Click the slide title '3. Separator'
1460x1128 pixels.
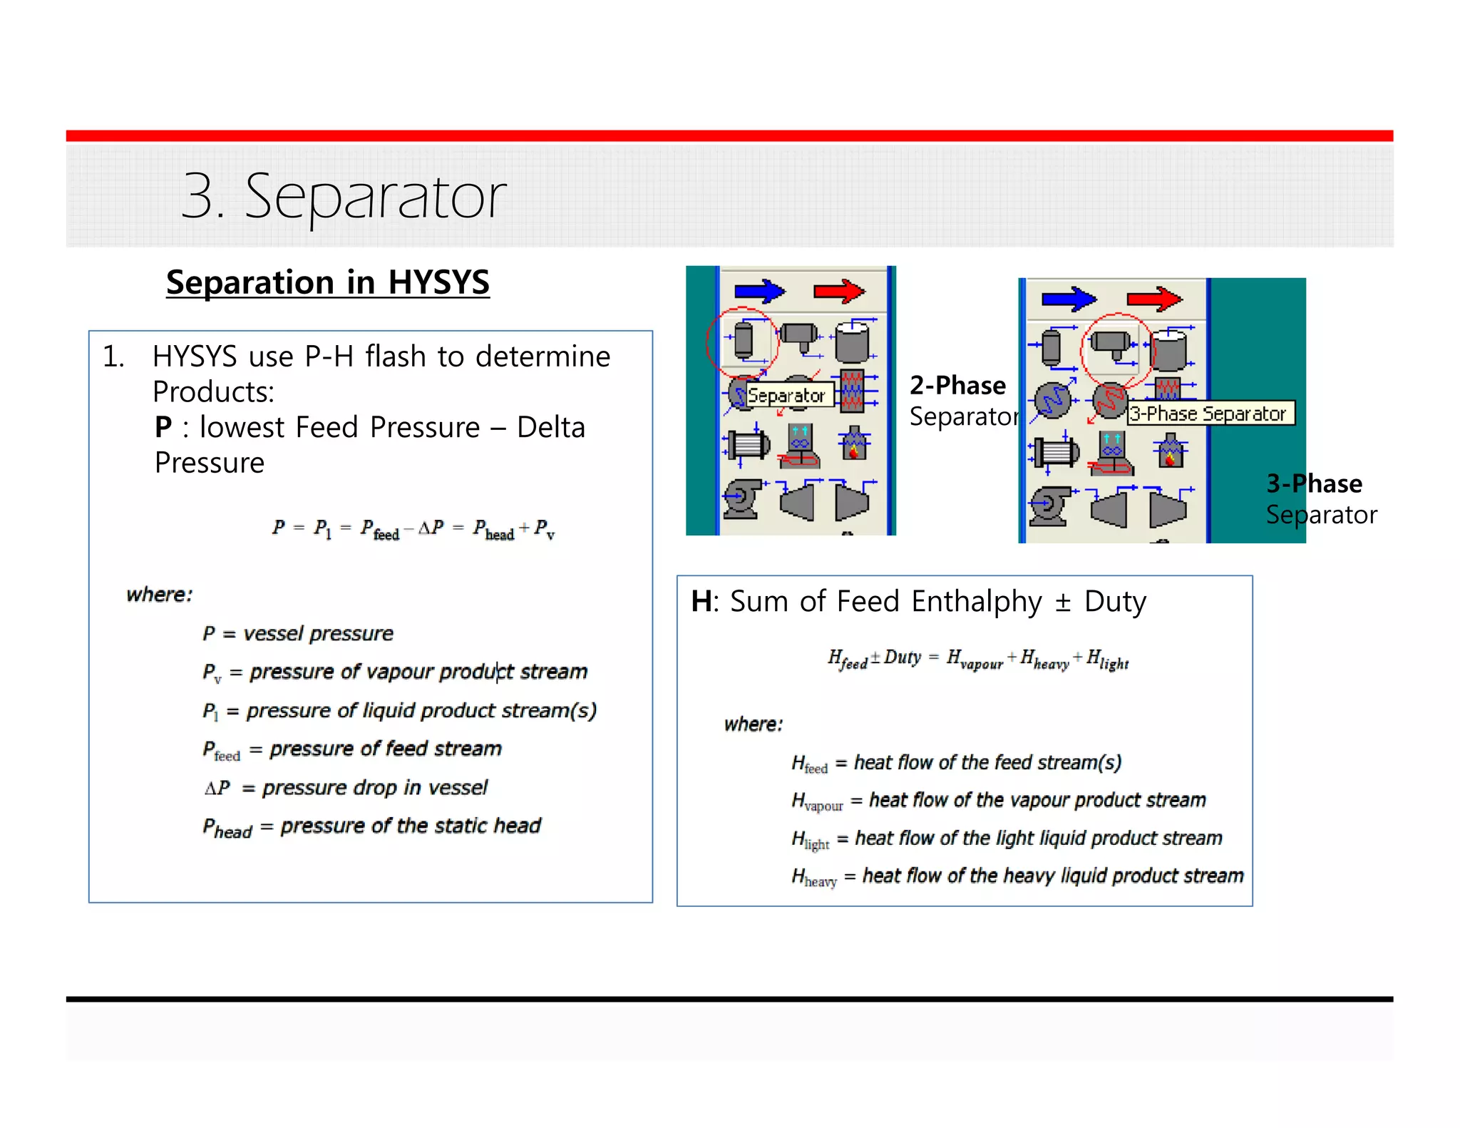pyautogui.click(x=343, y=196)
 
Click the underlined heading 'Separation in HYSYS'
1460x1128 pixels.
pyautogui.click(x=327, y=282)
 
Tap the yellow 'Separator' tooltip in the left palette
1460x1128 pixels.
pyautogui.click(x=786, y=395)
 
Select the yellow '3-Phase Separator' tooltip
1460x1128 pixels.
pyautogui.click(x=1209, y=414)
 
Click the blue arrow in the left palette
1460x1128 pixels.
pyautogui.click(x=759, y=291)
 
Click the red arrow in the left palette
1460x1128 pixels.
pyautogui.click(x=839, y=291)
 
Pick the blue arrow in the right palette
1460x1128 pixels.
pyautogui.click(x=1069, y=299)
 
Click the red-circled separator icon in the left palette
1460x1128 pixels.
pyautogui.click(x=743, y=341)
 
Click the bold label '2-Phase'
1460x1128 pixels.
pyautogui.click(x=957, y=386)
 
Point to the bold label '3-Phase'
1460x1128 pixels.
pyautogui.click(x=1314, y=484)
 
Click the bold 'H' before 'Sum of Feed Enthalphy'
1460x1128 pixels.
pyautogui.click(x=701, y=602)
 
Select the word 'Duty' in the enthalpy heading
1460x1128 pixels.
pyautogui.click(x=1115, y=602)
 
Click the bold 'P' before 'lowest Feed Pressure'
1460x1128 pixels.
pyautogui.click(x=163, y=428)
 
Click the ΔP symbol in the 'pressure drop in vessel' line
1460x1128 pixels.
pyautogui.click(x=217, y=788)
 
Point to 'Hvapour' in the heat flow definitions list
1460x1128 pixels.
pyautogui.click(x=816, y=801)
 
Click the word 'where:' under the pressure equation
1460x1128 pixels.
pyautogui.click(x=159, y=595)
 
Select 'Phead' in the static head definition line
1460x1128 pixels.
pyautogui.click(x=227, y=827)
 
